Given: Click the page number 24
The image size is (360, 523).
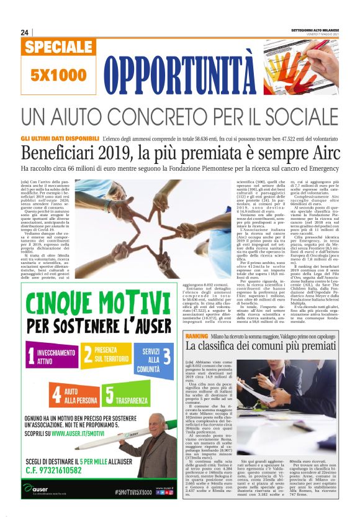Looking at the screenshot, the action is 24,32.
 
